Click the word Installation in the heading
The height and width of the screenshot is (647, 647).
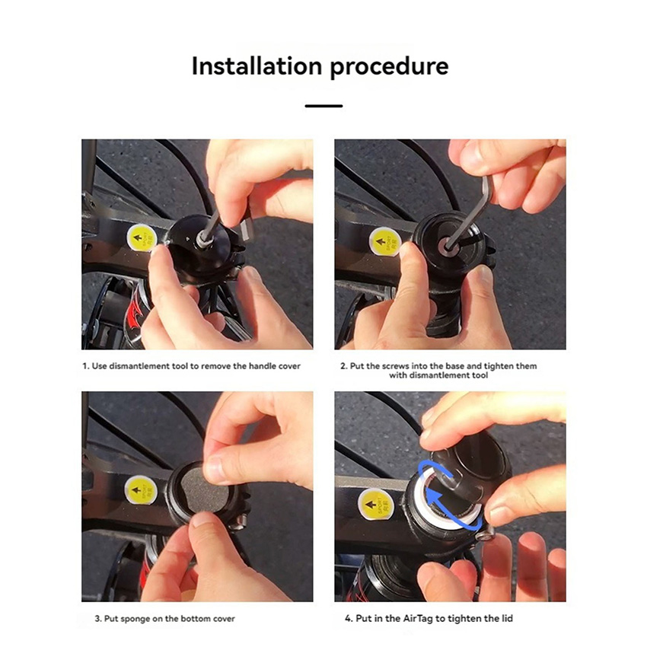(x=257, y=66)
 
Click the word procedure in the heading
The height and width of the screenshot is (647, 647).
(x=389, y=68)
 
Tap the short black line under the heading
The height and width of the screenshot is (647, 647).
(x=324, y=106)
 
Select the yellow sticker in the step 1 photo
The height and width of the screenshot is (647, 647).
(x=142, y=238)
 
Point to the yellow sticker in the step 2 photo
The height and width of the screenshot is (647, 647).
(x=384, y=241)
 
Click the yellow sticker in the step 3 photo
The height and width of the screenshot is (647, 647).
(x=140, y=489)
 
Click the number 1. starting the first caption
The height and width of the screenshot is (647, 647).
(x=86, y=366)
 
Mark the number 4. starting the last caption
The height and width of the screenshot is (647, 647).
(x=349, y=618)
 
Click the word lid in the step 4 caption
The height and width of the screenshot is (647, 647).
(x=507, y=618)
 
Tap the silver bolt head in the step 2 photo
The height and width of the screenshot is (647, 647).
(x=445, y=246)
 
